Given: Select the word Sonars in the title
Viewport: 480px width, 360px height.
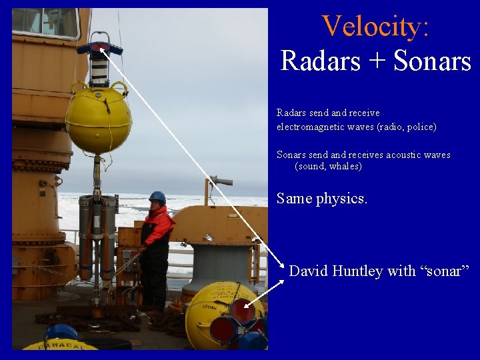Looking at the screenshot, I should tap(432, 61).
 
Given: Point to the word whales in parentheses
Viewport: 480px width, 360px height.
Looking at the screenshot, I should tap(343, 167).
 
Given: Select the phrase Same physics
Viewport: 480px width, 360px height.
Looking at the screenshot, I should tap(321, 199).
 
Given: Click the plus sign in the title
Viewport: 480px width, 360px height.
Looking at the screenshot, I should tap(376, 62).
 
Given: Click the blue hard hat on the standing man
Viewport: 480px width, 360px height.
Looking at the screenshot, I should tap(157, 197).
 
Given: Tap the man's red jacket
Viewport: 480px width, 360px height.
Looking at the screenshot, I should tap(157, 227).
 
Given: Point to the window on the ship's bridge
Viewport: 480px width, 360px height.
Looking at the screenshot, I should tap(45, 22).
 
